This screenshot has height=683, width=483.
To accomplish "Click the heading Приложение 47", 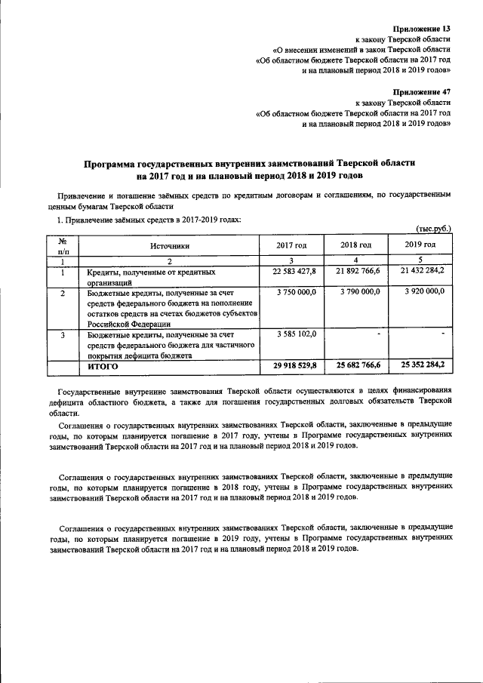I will point(423,91).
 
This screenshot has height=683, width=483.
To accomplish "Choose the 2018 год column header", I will point(355,245).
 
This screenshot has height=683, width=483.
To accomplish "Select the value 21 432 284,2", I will point(419,270).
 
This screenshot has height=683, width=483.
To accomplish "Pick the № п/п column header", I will point(63,245).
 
